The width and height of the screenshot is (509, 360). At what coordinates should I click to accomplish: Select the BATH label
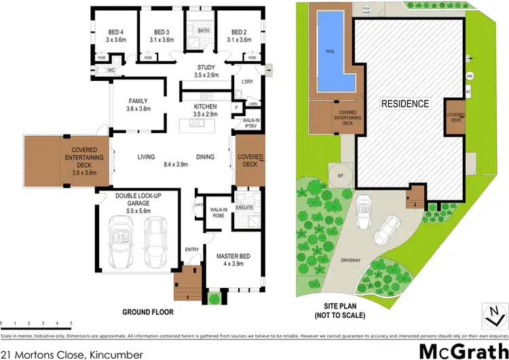pos(204,31)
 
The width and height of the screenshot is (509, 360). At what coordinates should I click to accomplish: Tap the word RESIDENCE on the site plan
pos(405,104)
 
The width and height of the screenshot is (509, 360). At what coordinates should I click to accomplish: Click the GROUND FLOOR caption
pos(147,312)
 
